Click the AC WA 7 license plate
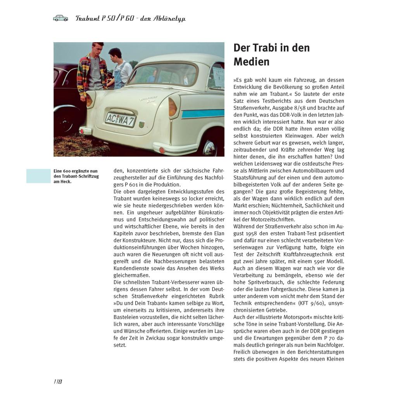[x=120, y=119]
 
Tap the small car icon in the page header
[x=60, y=18]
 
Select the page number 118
[x=58, y=381]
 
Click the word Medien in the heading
[x=251, y=62]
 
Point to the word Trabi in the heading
[x=266, y=48]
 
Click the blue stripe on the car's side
[x=202, y=113]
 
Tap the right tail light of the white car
[x=173, y=107]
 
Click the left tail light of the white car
[x=90, y=100]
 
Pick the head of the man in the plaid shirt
[x=97, y=48]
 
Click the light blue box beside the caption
[x=38, y=176]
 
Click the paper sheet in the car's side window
[x=218, y=77]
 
